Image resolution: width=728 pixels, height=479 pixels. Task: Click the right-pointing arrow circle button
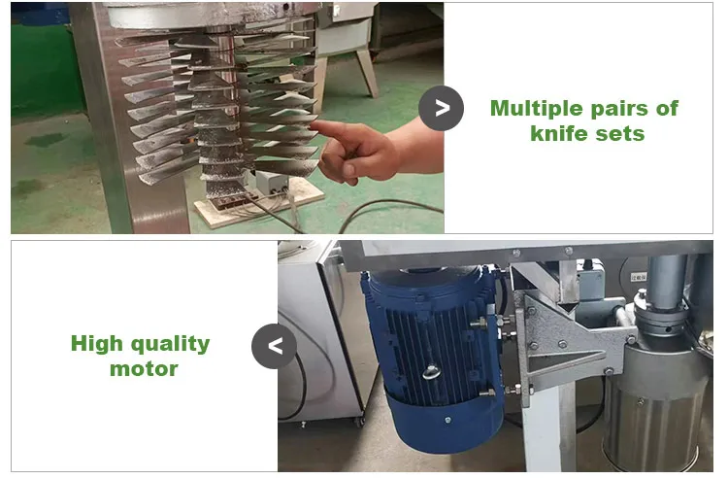[x=441, y=108]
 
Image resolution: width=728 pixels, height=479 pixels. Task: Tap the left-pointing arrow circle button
[x=275, y=346]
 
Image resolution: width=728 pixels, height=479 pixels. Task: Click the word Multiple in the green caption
[x=537, y=109]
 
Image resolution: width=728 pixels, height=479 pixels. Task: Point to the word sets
[x=620, y=134]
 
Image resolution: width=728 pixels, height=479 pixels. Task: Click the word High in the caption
[x=96, y=344]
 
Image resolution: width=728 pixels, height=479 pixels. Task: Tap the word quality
[x=171, y=344]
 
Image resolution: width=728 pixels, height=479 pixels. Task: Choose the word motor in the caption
[x=144, y=369]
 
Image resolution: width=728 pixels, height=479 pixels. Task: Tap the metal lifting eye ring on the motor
[x=432, y=372]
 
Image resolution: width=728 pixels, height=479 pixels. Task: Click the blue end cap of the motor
[x=444, y=421]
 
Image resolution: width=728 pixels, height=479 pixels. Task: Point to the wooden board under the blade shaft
[x=260, y=203]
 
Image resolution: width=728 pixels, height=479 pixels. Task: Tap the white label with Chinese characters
[x=639, y=277]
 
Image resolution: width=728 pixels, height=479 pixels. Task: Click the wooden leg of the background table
[x=367, y=74]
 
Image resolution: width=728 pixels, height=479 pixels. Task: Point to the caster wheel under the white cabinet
[x=359, y=422]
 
